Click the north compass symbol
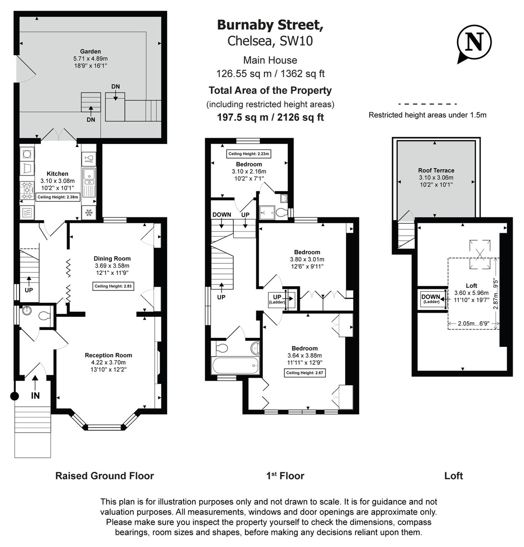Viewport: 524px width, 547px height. coord(474,43)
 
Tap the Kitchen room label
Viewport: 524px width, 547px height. coord(58,174)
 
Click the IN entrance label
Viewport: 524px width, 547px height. coord(35,396)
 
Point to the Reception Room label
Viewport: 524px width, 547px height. coord(108,355)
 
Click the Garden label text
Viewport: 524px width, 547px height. coord(90,52)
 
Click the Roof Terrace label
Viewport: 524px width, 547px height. coord(436,170)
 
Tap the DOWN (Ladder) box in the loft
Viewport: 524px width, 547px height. coord(431,299)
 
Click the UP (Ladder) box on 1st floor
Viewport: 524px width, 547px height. coord(277,299)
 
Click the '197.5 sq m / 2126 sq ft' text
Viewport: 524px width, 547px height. coord(270,117)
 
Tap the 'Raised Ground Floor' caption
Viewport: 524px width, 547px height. coord(105,476)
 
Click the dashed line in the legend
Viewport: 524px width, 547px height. coord(427,104)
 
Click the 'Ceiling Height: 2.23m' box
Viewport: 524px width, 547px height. coord(249,154)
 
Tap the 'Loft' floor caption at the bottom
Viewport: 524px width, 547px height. coord(453,476)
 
